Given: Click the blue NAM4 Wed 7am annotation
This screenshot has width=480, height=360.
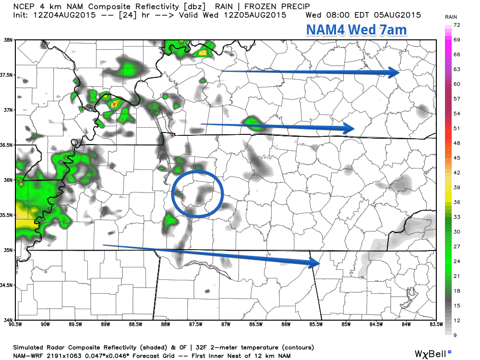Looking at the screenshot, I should (x=356, y=30).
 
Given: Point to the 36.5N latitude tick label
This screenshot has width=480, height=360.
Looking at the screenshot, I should (x=7, y=145).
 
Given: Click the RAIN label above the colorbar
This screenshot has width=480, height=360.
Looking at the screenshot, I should (x=451, y=17).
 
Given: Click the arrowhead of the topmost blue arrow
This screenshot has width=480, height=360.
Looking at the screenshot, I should (x=396, y=72).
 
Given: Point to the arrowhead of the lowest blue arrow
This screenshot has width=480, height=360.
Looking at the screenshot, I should (x=315, y=263).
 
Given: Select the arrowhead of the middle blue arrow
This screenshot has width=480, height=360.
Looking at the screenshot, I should (x=349, y=128).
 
